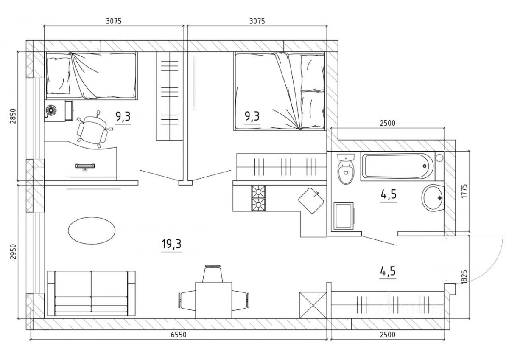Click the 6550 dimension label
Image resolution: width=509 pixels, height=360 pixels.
(179, 335)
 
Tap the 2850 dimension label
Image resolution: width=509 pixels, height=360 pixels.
(13, 116)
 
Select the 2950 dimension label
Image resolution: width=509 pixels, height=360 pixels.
(13, 251)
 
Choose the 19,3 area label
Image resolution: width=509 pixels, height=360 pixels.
(171, 244)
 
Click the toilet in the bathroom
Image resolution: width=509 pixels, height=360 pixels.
(346, 169)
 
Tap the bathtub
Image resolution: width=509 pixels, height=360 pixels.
(397, 166)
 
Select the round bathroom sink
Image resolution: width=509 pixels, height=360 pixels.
(433, 197)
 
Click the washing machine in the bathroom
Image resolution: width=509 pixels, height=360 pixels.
(344, 216)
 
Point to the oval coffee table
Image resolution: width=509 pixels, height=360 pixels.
(92, 231)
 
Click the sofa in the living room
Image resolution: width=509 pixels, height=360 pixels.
(91, 293)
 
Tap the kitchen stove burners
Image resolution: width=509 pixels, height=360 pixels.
(258, 198)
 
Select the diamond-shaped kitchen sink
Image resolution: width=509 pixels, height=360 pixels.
(311, 200)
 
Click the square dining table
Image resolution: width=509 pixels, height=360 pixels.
(214, 300)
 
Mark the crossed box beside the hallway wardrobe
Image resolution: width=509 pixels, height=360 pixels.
(313, 305)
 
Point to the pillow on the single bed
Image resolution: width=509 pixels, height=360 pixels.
(58, 76)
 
